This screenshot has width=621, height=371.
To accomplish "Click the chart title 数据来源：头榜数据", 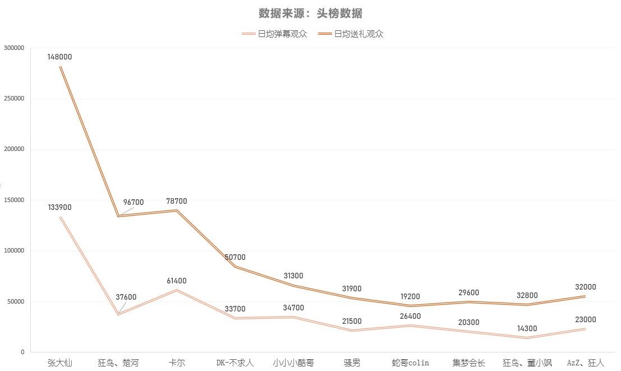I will coord(310,13).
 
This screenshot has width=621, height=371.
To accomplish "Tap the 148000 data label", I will coord(59,57).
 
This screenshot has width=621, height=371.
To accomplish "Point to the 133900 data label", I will coord(59,207).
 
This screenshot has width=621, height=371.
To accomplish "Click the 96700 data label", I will coord(134,202).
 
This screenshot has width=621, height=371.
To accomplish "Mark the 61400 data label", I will coord(177,281).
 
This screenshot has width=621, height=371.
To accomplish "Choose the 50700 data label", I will coord(235,257).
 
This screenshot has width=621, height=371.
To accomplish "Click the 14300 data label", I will coord(527,328).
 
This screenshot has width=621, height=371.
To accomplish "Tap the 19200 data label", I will coord(410,296).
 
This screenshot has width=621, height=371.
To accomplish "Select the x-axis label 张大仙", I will coord(59,363).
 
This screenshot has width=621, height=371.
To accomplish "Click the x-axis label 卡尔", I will coord(177,363).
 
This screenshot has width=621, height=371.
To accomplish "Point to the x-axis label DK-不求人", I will coord(235,363).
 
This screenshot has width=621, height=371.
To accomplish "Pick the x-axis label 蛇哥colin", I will coord(410,363).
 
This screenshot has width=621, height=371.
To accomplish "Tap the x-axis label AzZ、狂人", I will coord(585,363).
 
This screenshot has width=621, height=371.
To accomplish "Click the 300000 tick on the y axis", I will coord(14,48).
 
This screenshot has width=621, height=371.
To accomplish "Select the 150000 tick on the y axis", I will coord(14,200).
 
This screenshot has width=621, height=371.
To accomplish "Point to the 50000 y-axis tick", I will coord(16,301).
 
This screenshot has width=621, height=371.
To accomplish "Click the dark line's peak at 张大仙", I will coord(60,67).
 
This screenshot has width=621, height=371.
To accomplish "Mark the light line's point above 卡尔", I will coord(177,290).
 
